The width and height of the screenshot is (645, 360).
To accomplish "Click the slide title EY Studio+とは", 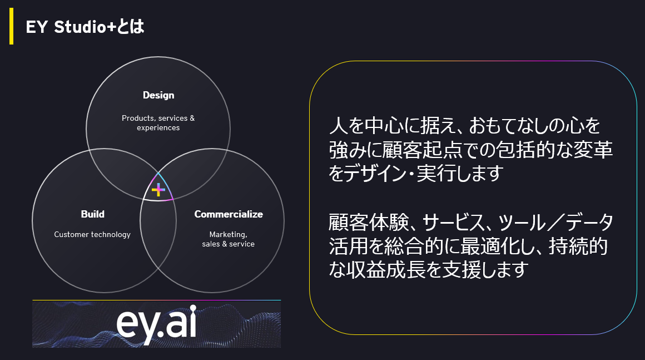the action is [x=85, y=27].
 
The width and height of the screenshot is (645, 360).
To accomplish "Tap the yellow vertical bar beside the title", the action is [x=12, y=26].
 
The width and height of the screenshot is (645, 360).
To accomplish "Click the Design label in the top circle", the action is [x=158, y=96].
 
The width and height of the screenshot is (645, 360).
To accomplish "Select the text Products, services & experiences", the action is [x=158, y=122].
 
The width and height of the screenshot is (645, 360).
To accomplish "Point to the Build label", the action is [x=92, y=214].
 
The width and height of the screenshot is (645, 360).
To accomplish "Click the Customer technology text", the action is [x=92, y=234].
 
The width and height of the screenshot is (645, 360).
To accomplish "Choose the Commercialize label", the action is [x=229, y=214].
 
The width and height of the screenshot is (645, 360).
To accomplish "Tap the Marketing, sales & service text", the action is [x=229, y=239].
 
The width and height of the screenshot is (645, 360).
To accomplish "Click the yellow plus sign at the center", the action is [x=158, y=190].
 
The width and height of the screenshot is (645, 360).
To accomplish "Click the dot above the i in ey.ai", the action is [x=192, y=309].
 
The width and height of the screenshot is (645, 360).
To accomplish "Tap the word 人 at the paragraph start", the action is [x=338, y=126].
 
